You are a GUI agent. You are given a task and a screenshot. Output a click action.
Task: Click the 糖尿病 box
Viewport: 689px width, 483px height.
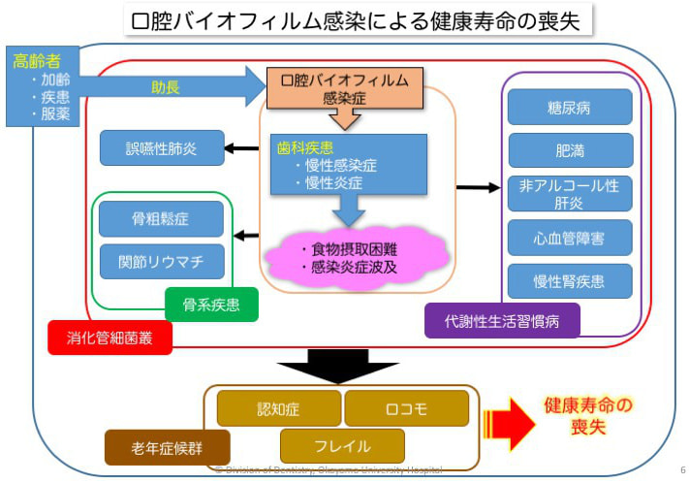click(570, 107)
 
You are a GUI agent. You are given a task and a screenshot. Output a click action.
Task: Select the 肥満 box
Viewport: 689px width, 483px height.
click(570, 150)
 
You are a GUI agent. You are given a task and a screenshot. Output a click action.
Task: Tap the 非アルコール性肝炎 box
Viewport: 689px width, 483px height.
click(570, 193)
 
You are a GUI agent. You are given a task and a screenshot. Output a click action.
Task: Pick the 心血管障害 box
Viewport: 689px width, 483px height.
click(570, 238)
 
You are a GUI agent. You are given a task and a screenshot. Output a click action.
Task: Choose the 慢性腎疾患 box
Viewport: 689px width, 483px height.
click(570, 281)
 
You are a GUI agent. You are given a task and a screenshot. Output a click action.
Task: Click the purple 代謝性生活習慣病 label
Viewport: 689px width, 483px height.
click(502, 319)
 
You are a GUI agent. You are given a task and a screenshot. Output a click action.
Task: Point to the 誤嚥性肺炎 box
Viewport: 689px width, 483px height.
click(162, 148)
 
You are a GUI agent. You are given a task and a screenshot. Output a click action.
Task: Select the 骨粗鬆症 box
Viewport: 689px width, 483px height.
click(161, 219)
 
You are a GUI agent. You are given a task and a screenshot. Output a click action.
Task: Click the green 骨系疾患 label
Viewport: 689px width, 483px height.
click(211, 305)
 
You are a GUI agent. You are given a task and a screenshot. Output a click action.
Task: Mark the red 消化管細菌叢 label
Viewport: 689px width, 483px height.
click(110, 337)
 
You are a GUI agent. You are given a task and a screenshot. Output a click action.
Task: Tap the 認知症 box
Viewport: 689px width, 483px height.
click(279, 408)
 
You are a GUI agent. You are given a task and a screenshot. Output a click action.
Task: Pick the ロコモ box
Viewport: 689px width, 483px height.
click(406, 408)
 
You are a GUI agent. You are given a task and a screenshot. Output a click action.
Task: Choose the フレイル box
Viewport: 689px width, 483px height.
click(342, 446)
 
